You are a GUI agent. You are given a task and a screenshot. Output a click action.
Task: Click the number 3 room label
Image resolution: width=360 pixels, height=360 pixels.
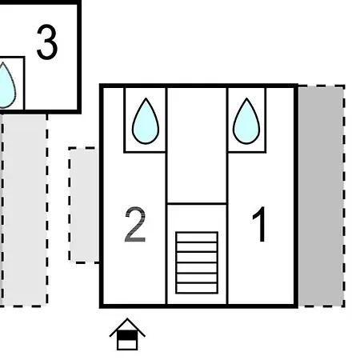(47, 42)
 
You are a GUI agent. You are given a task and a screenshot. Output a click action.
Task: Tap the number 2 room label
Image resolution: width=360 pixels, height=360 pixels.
(135, 225)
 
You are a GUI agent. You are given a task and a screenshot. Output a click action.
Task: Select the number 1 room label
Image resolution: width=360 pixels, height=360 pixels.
(259, 224)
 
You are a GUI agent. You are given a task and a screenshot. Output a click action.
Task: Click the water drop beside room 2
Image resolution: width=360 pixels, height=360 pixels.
(146, 121)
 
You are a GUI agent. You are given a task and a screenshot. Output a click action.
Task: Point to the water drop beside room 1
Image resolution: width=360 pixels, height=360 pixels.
(246, 121)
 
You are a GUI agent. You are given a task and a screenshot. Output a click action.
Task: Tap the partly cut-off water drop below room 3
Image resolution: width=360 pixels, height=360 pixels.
(6, 86)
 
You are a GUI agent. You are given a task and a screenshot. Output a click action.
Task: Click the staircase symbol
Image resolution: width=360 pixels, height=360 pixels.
(197, 262)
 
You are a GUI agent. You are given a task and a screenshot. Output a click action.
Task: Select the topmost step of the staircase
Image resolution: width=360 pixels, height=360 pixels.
(197, 238)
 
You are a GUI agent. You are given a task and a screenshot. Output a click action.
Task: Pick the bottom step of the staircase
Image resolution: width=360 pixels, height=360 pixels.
(197, 288)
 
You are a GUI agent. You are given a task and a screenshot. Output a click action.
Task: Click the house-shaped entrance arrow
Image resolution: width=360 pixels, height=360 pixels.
(127, 334)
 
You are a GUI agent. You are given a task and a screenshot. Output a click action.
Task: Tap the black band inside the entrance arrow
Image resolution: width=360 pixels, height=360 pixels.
(127, 335)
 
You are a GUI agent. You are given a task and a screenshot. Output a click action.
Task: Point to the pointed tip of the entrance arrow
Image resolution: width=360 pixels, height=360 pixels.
(127, 318)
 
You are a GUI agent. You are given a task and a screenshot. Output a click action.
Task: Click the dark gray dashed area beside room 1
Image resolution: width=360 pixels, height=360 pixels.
(322, 196)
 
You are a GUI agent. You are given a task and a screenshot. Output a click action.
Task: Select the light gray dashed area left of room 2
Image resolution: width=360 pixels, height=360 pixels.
(84, 205)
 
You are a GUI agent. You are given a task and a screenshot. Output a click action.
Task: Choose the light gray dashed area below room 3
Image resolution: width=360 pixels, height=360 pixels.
(24, 210)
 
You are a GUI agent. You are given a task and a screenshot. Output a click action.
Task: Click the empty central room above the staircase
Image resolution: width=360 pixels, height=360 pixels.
(197, 146)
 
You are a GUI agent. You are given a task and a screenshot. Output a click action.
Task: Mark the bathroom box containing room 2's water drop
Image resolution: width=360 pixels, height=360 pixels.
(145, 120)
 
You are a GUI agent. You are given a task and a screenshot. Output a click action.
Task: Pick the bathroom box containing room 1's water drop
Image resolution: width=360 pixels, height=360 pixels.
(246, 120)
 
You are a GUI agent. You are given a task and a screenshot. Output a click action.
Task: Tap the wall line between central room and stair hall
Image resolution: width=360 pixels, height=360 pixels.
(197, 204)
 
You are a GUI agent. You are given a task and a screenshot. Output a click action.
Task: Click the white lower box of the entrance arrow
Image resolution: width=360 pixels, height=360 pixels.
(127, 345)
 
